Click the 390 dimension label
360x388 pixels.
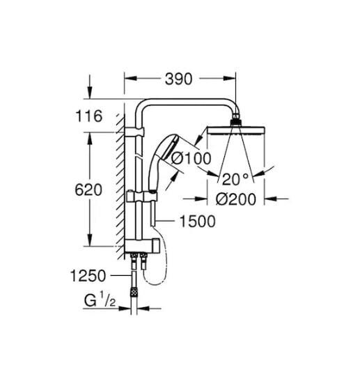click(178, 79)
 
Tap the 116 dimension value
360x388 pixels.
click(88, 116)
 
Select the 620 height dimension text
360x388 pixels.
click(88, 190)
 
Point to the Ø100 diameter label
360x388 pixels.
click(191, 158)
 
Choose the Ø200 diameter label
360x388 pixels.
click(236, 199)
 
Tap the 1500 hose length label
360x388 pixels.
click(197, 222)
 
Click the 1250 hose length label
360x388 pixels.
click(88, 276)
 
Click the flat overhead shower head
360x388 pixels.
click(236, 131)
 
